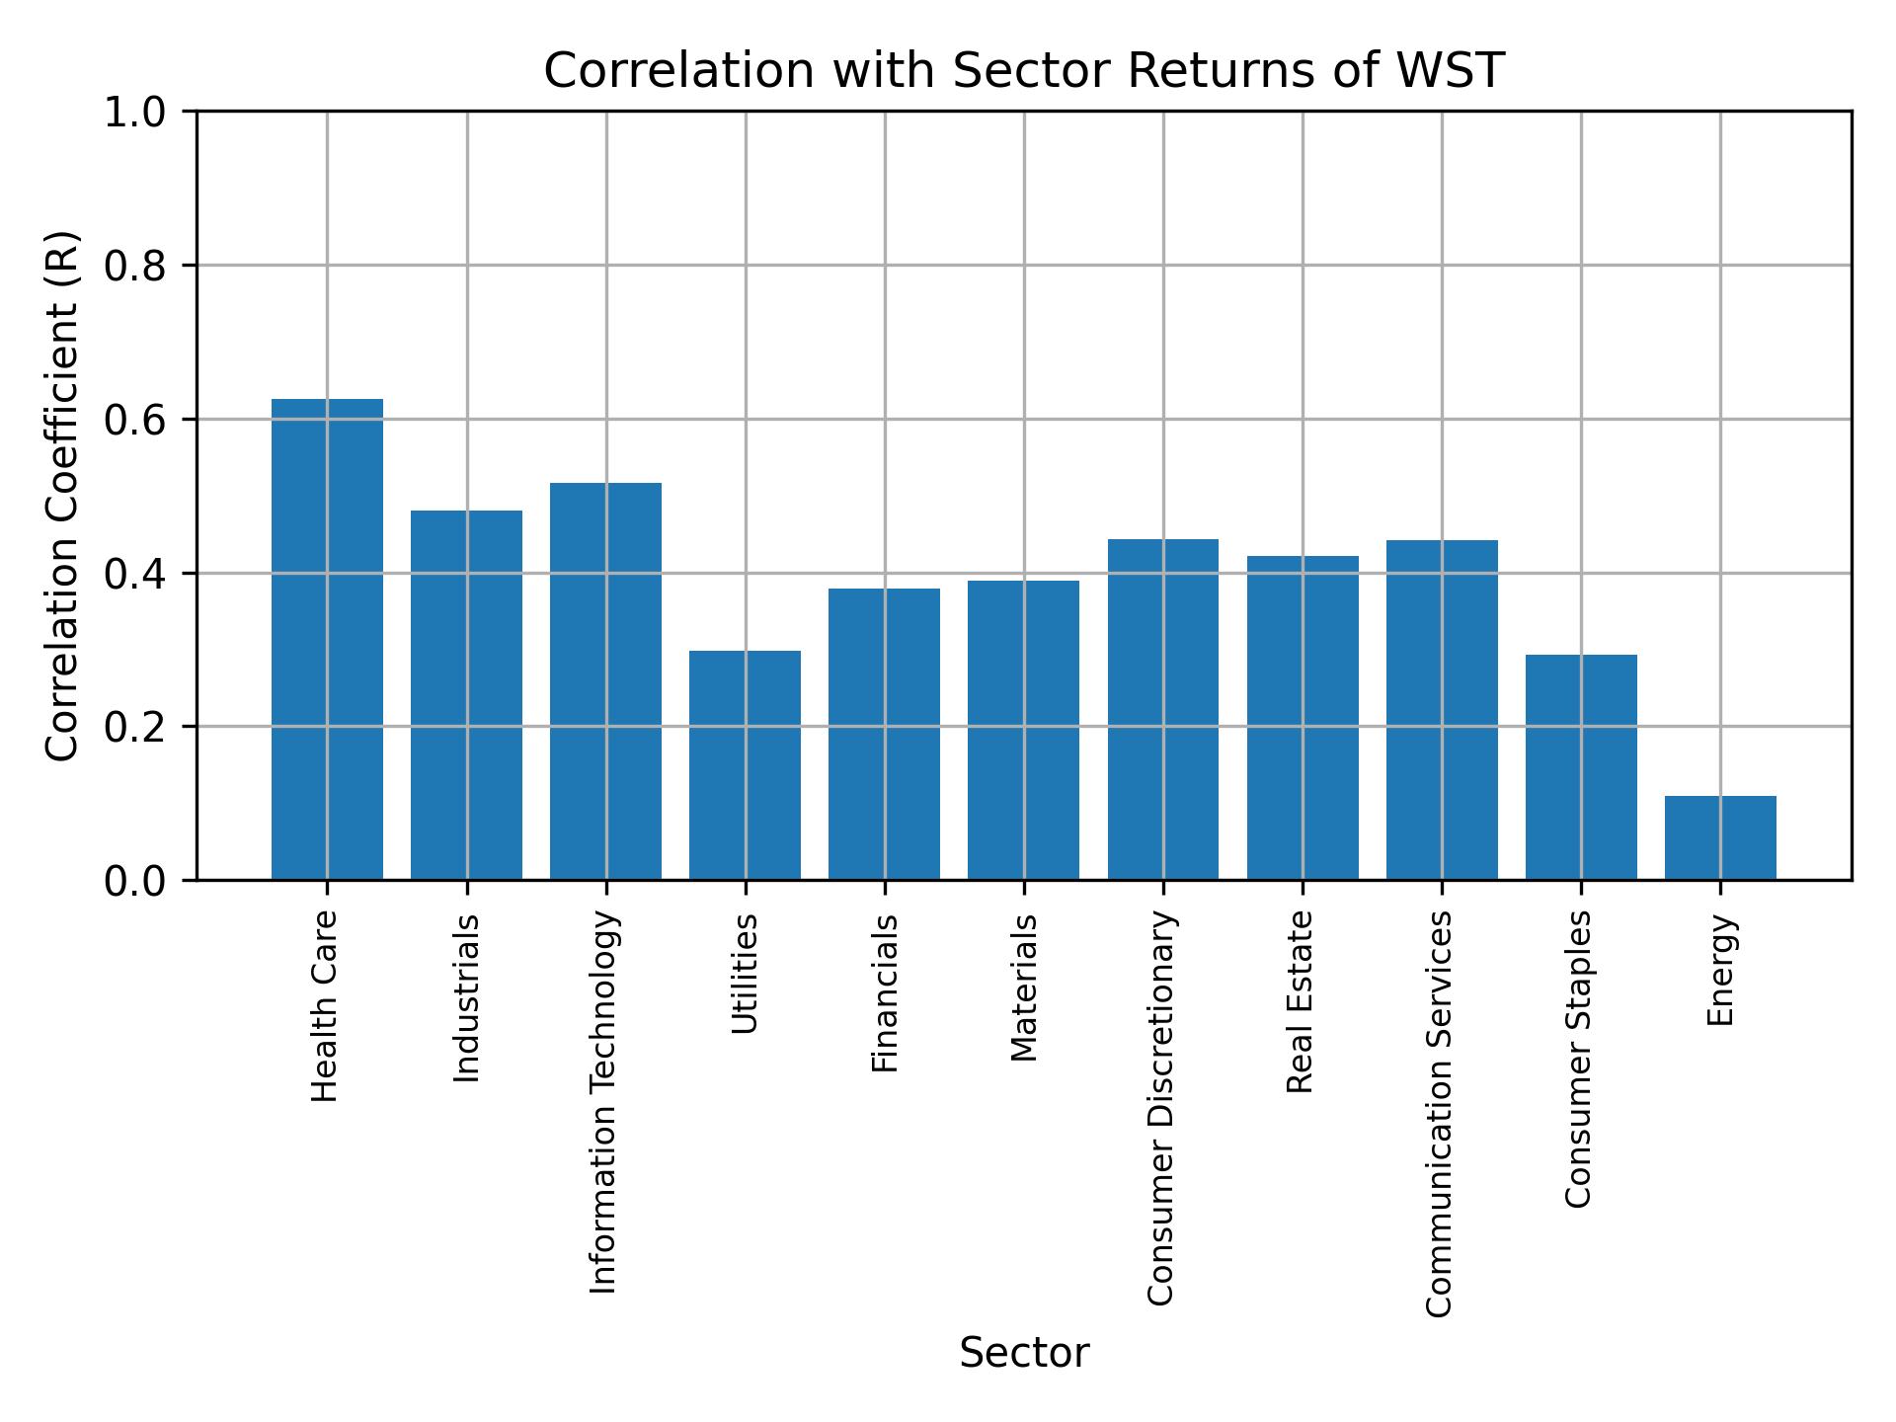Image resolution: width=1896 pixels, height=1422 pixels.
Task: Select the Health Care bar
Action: click(327, 639)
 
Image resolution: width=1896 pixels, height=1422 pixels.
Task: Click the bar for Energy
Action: click(1720, 837)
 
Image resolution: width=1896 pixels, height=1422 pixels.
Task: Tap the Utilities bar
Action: click(745, 764)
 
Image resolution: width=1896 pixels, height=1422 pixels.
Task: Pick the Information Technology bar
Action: click(605, 680)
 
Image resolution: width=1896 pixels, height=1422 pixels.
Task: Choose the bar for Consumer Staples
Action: click(1581, 766)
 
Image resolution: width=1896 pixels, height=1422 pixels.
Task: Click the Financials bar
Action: click(884, 734)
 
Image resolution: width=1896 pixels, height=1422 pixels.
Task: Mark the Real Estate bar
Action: click(1303, 717)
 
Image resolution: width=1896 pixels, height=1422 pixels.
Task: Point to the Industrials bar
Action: click(466, 694)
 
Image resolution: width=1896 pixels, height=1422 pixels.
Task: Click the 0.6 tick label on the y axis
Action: click(134, 421)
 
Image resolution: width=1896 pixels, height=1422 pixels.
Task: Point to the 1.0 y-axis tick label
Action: click(134, 113)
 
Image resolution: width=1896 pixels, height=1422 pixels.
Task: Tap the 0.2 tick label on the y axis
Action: click(134, 728)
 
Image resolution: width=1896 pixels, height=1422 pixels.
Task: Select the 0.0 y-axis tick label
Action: click(134, 881)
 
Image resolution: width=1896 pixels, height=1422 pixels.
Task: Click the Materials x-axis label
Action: click(1025, 987)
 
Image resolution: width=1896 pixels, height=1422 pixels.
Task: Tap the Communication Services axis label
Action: click(1440, 1113)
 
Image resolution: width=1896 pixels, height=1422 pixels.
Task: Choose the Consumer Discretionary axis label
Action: click(1161, 1108)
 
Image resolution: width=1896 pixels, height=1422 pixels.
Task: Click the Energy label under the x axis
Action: click(1720, 970)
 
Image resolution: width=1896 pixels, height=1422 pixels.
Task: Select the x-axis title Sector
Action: click(1024, 1353)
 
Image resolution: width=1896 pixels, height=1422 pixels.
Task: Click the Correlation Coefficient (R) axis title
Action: click(62, 496)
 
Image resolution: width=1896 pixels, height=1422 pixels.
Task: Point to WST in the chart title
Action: click(1458, 71)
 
